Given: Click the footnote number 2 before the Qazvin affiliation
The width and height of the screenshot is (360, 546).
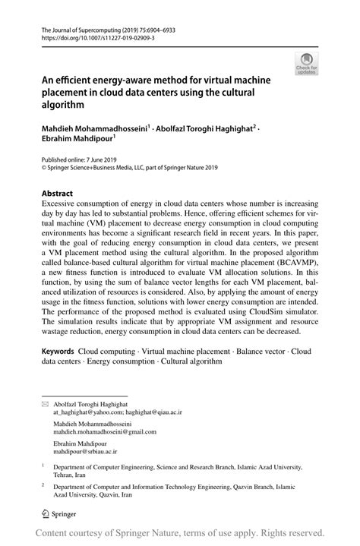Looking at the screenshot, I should (43, 484).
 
